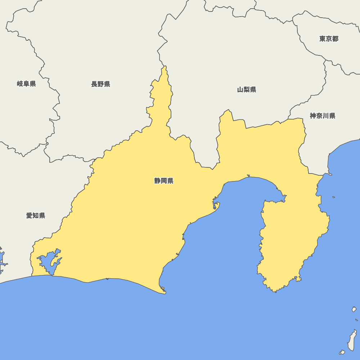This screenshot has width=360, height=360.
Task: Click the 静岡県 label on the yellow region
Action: coord(164,181)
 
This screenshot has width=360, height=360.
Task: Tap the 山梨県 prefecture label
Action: coord(247,90)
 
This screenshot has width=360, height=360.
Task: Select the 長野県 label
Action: coord(100,84)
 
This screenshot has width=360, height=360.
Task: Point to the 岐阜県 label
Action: coord(26,84)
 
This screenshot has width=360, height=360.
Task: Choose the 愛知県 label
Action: coord(36,216)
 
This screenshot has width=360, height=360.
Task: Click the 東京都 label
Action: coord(329,39)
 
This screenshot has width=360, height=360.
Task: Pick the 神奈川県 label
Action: coord(323,116)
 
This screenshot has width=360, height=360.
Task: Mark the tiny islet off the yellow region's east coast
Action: coord(334,197)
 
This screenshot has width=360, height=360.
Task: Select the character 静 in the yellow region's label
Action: coord(157,181)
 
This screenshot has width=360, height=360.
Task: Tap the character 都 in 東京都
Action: coord(336,39)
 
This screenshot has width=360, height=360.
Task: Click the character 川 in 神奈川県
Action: coord(326,116)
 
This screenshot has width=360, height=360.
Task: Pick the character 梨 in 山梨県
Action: coord(247,90)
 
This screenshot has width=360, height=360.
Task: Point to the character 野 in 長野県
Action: coord(100,84)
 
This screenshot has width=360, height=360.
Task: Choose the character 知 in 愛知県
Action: coord(36,216)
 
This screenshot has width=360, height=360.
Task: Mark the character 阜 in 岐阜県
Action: coord(26,84)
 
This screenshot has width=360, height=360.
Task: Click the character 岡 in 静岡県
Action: coord(164,181)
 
